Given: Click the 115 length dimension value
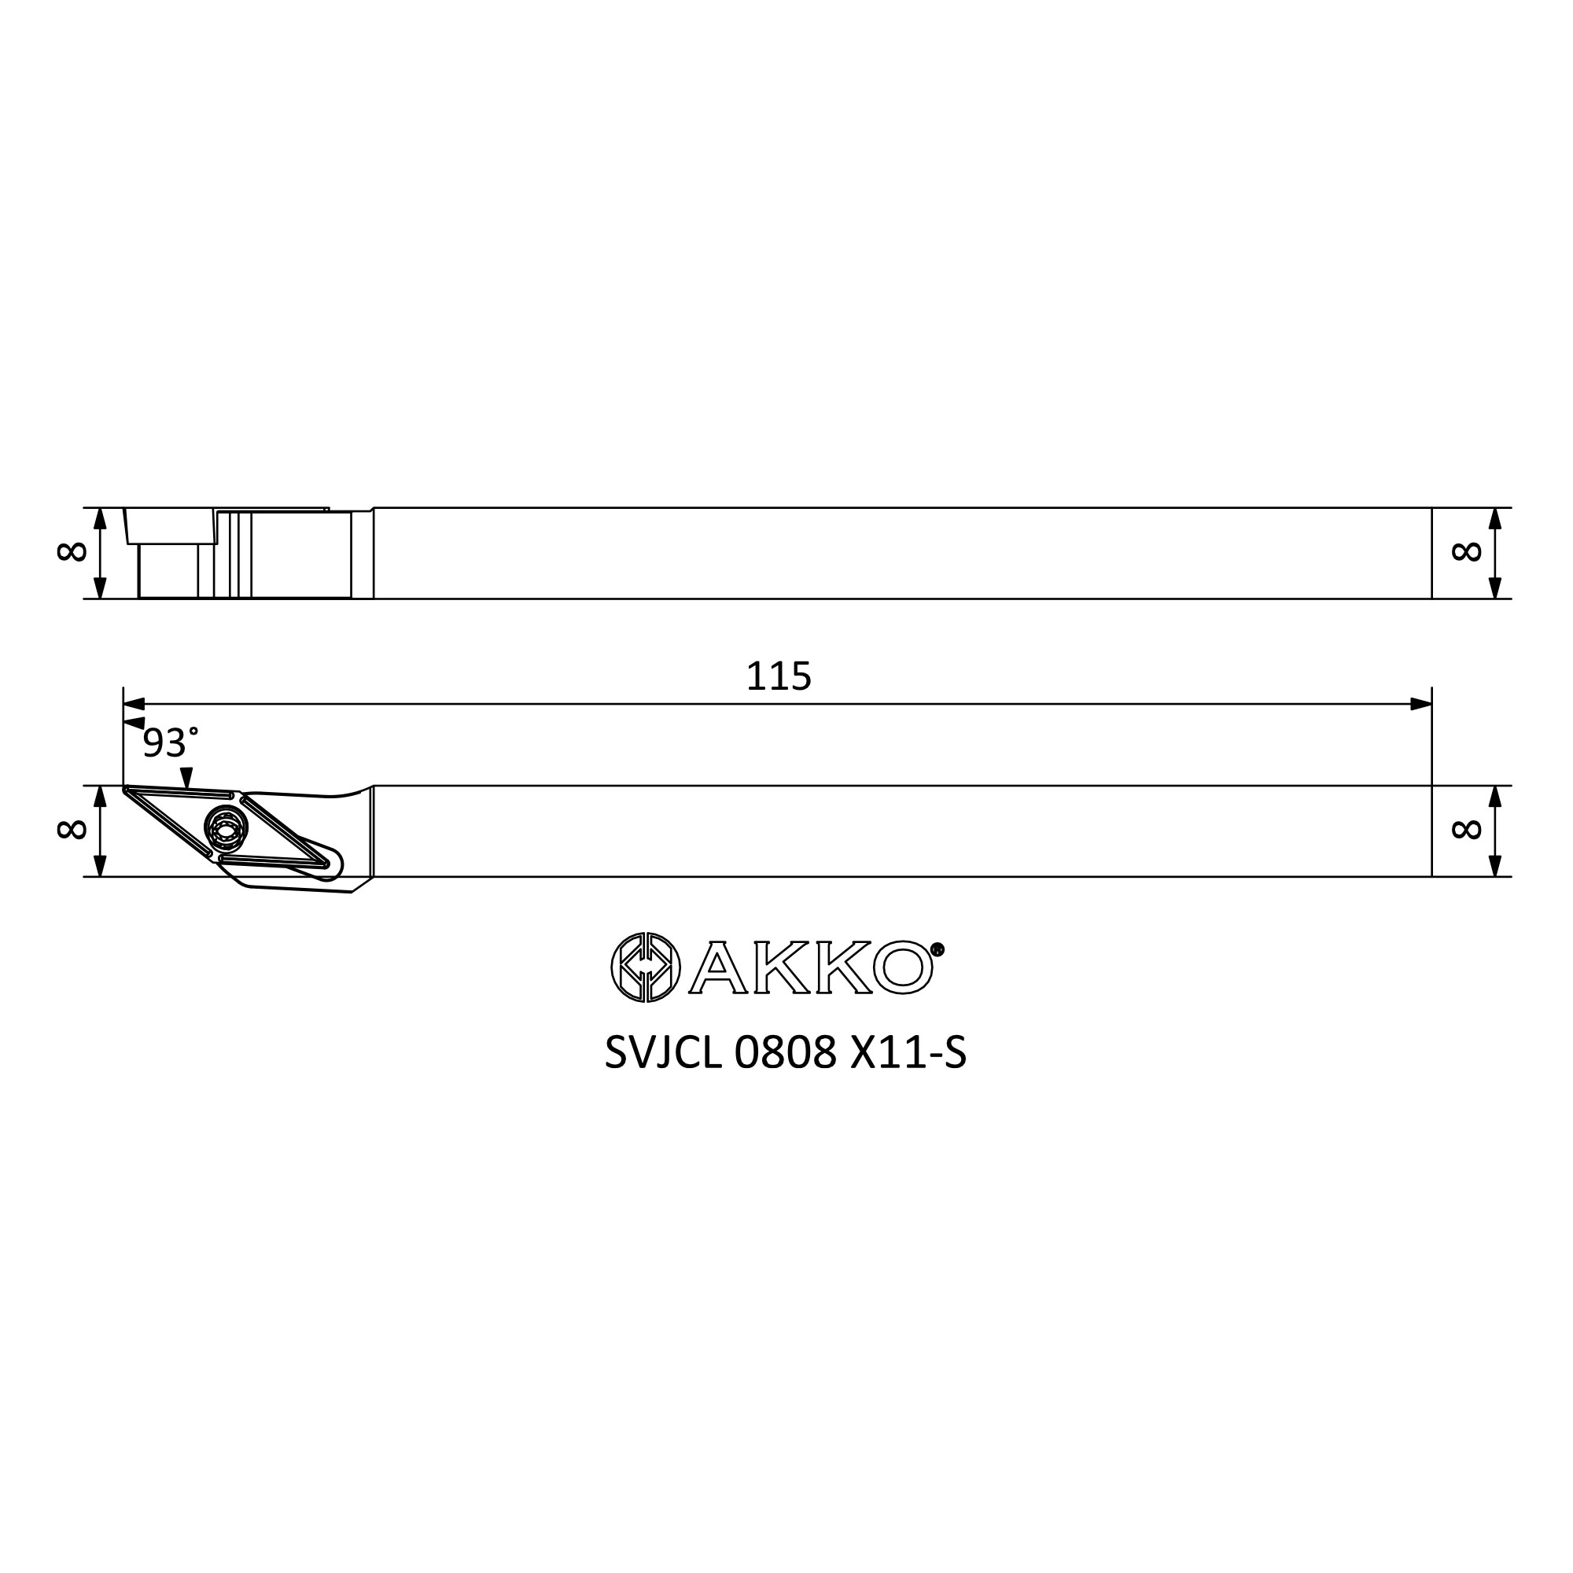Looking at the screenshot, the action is tap(779, 676).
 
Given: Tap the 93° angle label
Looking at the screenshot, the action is tap(171, 743).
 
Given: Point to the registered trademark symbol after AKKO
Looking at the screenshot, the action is tap(938, 949).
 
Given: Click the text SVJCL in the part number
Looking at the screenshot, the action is tap(664, 1054).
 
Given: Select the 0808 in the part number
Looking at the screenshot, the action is tap(786, 1054).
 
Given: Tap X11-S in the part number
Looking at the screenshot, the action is tap(908, 1054).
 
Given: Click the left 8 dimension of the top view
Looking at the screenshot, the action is tap(72, 552).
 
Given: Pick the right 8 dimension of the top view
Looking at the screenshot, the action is tap(1466, 552).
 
